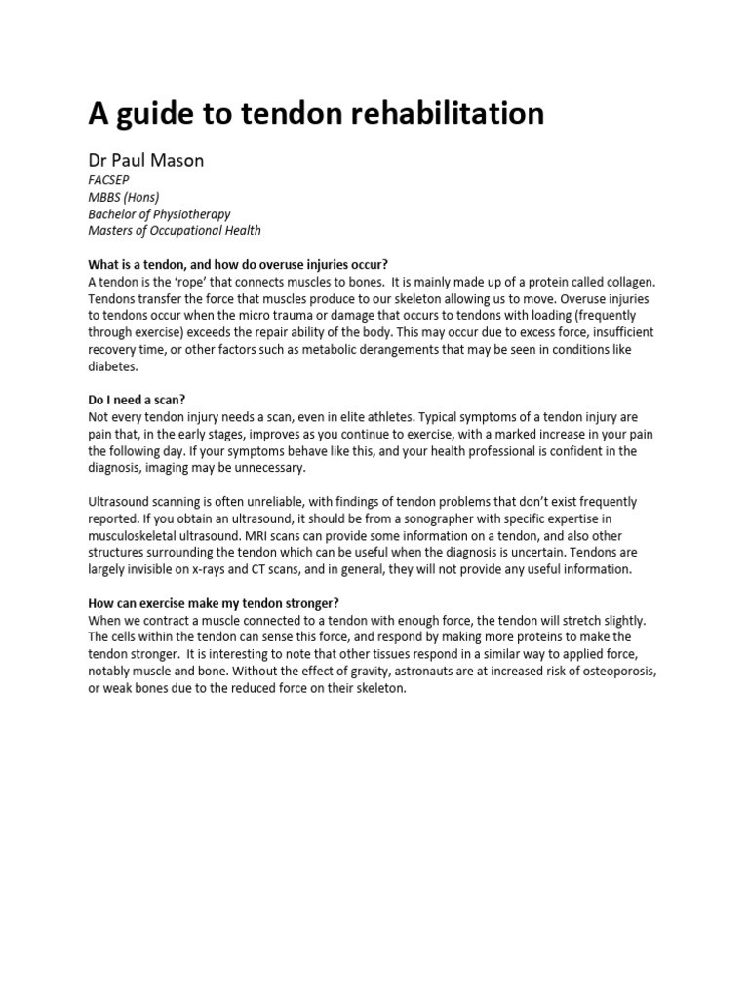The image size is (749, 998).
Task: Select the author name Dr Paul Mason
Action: coord(146,161)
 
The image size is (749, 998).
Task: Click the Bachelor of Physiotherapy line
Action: coord(160,214)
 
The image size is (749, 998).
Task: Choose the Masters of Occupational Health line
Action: coord(175,231)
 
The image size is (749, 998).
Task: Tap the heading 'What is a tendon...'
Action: coord(238,265)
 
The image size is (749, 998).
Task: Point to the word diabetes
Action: coord(114,367)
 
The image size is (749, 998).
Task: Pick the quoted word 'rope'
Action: coord(185,282)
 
